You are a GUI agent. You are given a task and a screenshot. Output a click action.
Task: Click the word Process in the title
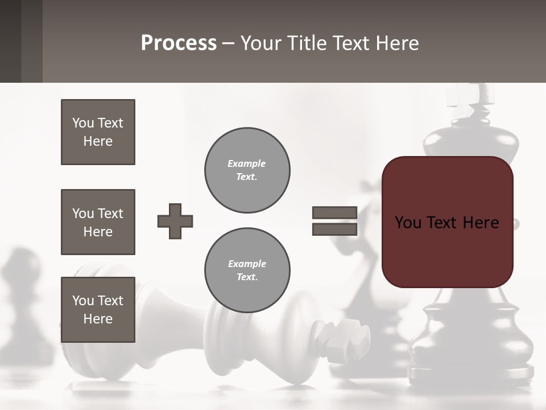(x=179, y=43)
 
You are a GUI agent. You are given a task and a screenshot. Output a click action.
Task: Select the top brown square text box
(x=98, y=132)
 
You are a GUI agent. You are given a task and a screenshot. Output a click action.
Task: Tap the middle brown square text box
(x=98, y=222)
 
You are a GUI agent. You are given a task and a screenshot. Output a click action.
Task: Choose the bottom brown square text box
(x=98, y=310)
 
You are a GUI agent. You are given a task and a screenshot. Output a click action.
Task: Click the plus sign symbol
(x=175, y=221)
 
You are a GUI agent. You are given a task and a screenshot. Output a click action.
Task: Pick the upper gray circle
(x=247, y=170)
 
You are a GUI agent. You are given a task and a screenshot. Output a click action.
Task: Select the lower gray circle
(x=247, y=270)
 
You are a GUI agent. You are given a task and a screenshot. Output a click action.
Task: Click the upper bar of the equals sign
(x=334, y=212)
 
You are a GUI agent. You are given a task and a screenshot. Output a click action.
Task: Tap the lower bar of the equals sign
(x=334, y=229)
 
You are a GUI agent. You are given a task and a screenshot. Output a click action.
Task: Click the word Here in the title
(x=395, y=43)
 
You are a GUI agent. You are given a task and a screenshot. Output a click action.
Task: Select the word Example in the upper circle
(x=246, y=163)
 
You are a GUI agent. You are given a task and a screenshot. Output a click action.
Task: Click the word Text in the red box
(x=444, y=223)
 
